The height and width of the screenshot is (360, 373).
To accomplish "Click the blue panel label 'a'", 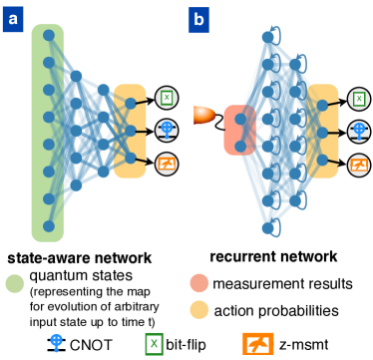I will point(12,18).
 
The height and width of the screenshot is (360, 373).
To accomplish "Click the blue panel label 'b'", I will point(198,18).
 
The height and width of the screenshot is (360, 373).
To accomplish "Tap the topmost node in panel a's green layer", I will point(48,35).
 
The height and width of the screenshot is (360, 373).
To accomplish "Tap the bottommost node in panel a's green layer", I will point(48,226).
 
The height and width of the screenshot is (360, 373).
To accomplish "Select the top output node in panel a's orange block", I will point(130,102).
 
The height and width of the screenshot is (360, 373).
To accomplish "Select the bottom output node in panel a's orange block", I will point(130,158).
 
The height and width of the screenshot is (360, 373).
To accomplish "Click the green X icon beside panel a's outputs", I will point(167,98).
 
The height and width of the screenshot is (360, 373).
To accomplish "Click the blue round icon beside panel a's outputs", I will point(167,130).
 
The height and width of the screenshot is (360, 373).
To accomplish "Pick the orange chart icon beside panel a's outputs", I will point(167,163).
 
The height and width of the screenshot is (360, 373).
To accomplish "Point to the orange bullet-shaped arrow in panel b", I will point(203,115).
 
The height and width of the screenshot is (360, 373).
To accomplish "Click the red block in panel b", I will point(239,130).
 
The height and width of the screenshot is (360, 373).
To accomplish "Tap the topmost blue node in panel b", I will point(266,37).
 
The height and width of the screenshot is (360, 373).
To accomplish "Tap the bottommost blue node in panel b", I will point(266,228).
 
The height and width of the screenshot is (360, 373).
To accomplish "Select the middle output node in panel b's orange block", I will point(322,131).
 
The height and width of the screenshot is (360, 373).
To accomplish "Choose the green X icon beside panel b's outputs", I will point(359,99).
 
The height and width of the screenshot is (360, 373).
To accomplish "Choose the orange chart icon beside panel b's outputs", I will point(359,165).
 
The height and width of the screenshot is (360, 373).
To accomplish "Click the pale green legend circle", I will point(15,283).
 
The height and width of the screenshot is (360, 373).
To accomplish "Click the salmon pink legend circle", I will point(199,283).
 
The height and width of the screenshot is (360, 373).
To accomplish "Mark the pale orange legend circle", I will point(199,309).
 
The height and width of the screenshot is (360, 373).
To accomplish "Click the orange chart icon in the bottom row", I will point(257,344).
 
